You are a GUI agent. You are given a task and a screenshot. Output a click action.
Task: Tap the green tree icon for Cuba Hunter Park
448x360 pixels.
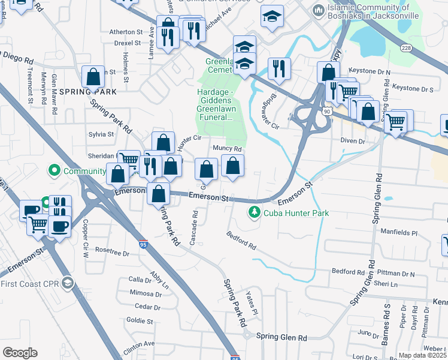(x=255, y=212)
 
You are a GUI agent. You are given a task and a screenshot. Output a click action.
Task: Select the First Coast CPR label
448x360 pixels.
(x=29, y=283)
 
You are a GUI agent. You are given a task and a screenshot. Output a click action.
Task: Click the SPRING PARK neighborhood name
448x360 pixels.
(x=87, y=92)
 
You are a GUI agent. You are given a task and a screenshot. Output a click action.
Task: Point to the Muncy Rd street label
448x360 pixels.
(x=227, y=149)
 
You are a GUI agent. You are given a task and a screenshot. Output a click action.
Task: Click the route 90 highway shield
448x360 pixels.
(x=325, y=112)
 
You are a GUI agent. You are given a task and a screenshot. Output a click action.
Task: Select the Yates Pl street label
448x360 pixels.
(x=252, y=304)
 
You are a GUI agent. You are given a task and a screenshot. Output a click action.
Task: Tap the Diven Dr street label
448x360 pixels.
(x=353, y=141)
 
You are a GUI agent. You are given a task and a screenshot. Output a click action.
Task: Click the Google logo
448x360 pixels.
(x=20, y=353)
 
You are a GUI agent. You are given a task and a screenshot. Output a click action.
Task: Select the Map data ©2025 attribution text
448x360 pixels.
(x=422, y=355)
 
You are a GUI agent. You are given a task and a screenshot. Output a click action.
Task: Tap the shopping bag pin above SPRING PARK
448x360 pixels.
(x=93, y=77)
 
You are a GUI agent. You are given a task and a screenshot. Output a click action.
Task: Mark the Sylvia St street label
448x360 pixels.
(x=101, y=134)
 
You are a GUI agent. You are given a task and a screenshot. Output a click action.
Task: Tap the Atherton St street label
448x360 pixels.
(x=126, y=32)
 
